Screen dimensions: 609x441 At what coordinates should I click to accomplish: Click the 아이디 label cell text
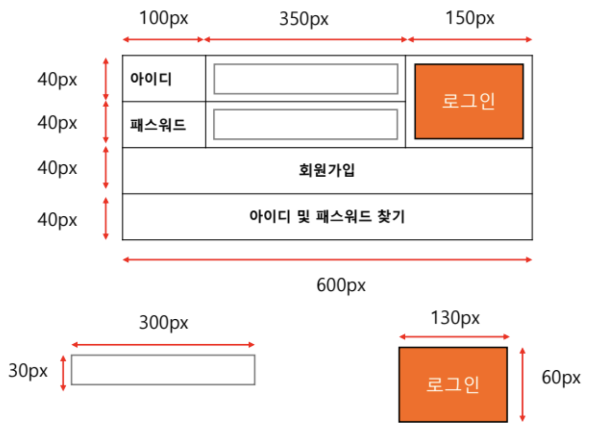point(151,79)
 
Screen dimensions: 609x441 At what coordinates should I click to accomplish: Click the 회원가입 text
point(327,170)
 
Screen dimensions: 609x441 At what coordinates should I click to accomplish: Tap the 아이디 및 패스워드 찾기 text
point(327,217)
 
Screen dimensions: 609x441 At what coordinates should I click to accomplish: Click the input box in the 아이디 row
point(306,79)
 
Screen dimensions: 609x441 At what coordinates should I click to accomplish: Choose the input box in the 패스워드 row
point(306,124)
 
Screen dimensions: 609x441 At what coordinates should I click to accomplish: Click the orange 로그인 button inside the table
point(468,101)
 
